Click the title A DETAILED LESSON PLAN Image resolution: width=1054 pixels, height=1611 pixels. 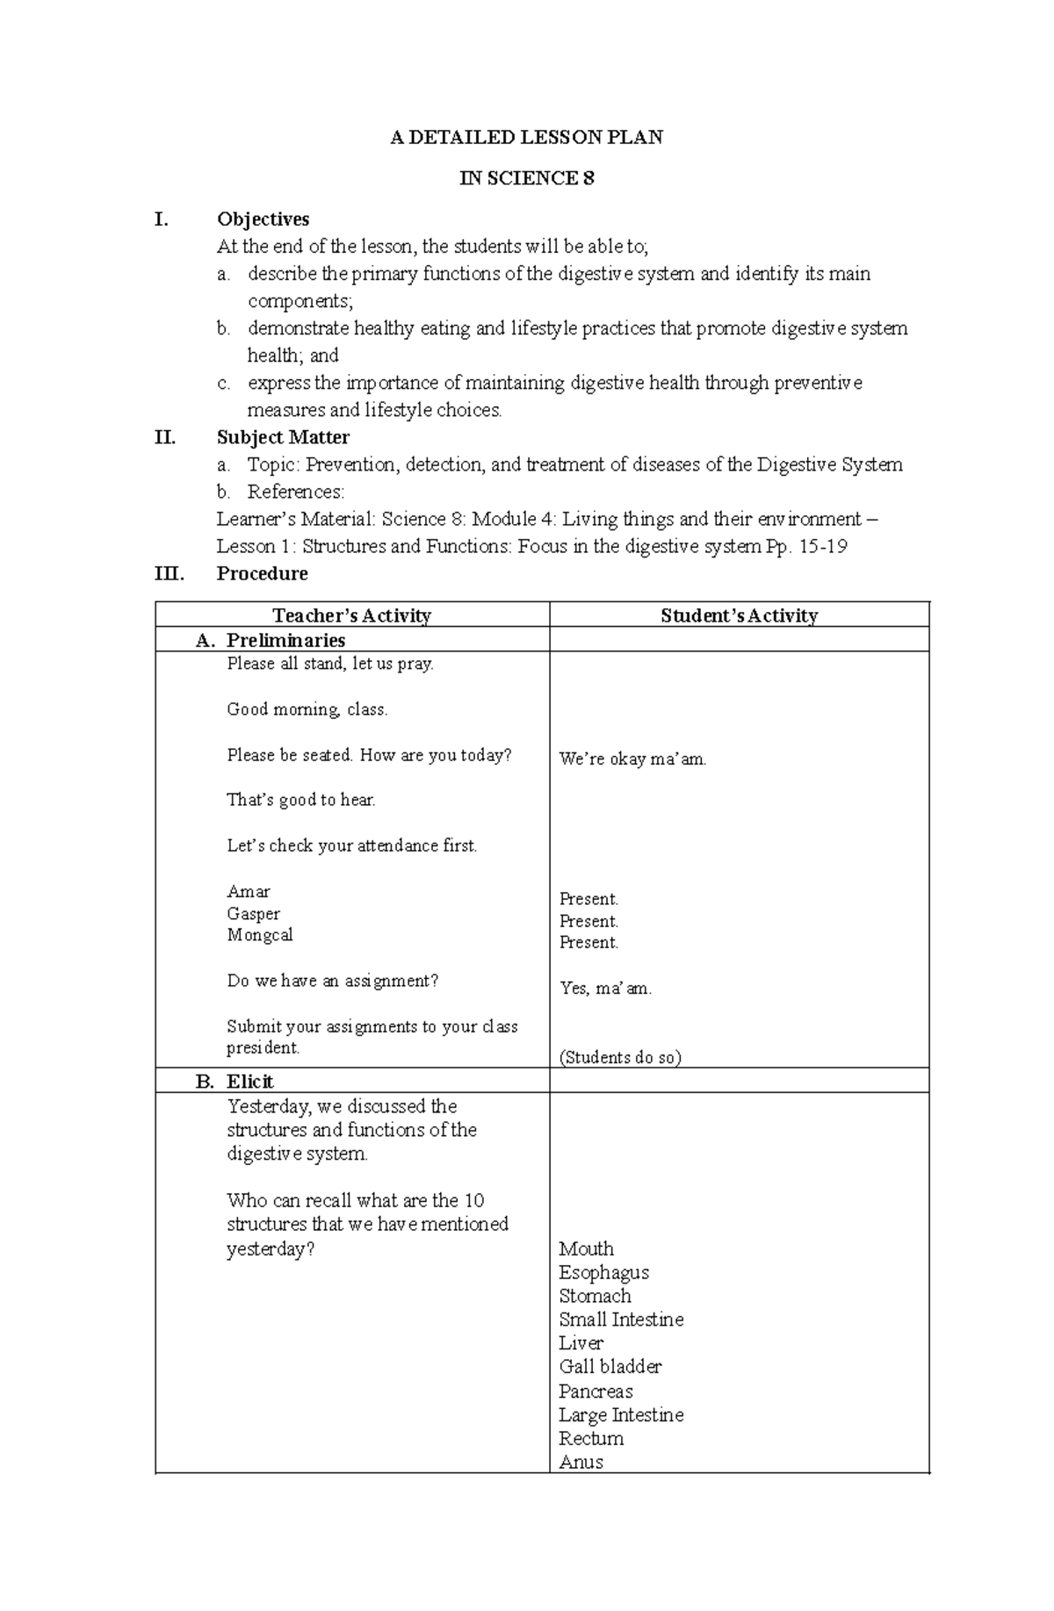(x=526, y=137)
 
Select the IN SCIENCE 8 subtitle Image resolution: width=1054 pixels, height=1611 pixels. (x=527, y=178)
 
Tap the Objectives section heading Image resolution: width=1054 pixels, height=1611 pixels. (x=263, y=219)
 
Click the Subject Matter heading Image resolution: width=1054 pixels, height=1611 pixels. (x=283, y=437)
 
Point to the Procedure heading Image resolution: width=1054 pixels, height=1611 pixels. (x=262, y=573)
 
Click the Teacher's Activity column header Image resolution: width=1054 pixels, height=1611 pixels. (x=351, y=615)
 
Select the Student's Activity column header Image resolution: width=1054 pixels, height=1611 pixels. (x=739, y=615)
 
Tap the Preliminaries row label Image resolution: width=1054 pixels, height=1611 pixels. (x=285, y=640)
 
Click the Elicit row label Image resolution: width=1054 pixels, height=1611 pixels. (x=249, y=1082)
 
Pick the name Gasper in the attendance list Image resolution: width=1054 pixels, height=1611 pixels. (x=253, y=914)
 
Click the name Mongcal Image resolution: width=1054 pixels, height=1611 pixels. (x=259, y=935)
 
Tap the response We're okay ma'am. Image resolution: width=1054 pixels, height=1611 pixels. (x=632, y=759)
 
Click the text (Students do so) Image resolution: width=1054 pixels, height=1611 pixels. (x=620, y=1057)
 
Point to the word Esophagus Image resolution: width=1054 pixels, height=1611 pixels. (x=603, y=1272)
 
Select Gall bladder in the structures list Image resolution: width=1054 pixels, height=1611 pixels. (x=610, y=1366)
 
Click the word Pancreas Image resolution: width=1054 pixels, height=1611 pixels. (x=596, y=1392)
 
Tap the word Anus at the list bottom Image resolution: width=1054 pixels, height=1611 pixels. (x=581, y=1462)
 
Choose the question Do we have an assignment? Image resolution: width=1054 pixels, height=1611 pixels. (x=332, y=981)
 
